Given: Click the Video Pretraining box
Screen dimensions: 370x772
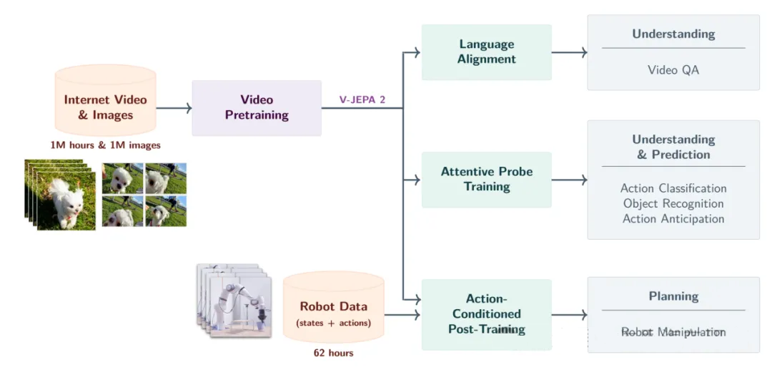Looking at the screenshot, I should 256,107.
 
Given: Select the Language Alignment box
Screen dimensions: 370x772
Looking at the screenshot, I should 486,52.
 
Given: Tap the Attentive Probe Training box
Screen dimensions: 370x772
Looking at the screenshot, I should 486,180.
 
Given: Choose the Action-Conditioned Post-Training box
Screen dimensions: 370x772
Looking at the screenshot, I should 486,314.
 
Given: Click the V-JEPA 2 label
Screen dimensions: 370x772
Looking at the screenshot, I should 362,99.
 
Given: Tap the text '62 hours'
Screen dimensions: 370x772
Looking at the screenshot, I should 333,353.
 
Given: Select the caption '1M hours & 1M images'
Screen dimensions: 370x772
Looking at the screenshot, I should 105,145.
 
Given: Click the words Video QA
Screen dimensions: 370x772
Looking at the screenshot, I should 673,70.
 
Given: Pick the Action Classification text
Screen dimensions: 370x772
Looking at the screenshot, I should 673,188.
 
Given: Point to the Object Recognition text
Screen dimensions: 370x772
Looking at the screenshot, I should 673,204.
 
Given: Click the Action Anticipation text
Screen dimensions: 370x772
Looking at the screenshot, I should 673,219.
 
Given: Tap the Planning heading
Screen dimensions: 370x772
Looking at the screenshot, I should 673,296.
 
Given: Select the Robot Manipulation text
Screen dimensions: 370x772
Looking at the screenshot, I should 673,332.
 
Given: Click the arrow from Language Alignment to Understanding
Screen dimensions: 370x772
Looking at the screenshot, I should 569,52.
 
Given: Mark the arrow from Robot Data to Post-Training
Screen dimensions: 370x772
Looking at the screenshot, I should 402,314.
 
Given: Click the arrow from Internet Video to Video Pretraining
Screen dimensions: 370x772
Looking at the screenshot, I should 174,108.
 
